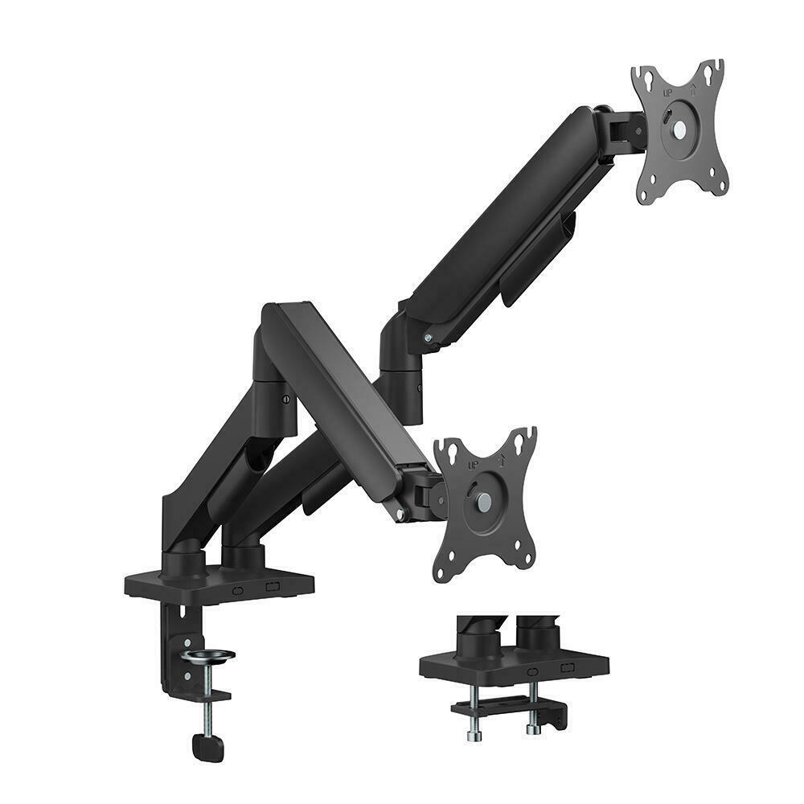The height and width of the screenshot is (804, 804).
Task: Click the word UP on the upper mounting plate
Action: [667, 93]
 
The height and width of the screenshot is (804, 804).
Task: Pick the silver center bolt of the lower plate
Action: [486, 501]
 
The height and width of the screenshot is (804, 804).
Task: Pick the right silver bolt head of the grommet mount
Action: [531, 730]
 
